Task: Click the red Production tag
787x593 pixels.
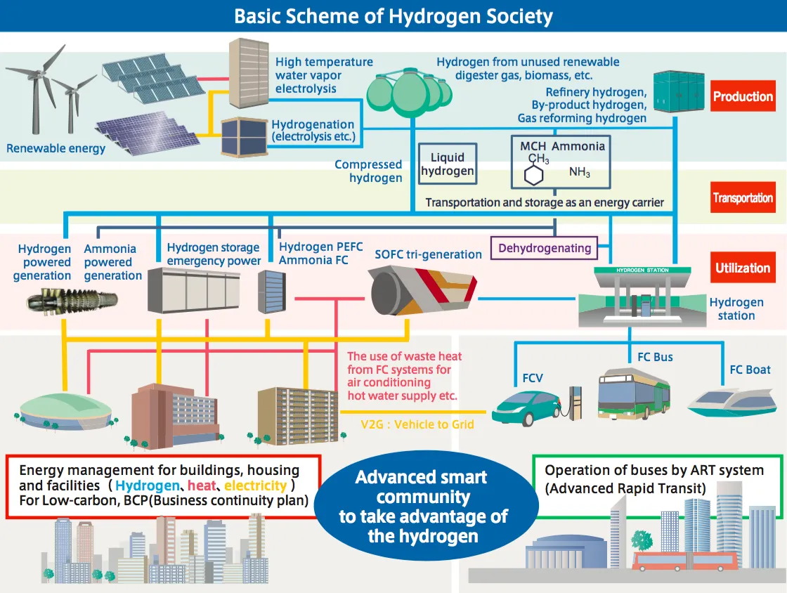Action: click(x=743, y=97)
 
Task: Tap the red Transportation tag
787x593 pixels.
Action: click(x=743, y=197)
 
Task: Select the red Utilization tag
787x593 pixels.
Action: click(x=743, y=268)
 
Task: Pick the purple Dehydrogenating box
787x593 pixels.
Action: click(x=545, y=248)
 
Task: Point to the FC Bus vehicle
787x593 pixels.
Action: click(x=633, y=393)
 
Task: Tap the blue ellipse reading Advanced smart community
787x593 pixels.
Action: click(x=422, y=507)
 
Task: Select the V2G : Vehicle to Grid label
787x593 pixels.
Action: click(x=417, y=424)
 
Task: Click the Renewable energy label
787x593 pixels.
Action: click(x=56, y=148)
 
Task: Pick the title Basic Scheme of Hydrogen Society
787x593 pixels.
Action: click(x=393, y=16)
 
